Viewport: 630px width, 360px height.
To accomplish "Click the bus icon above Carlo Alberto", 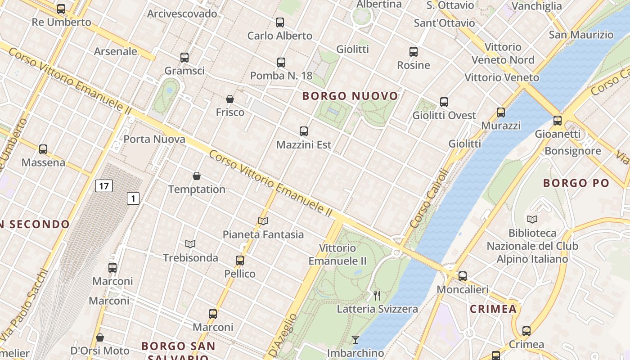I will click(280, 22).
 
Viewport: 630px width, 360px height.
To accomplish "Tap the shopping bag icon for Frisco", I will click(230, 99).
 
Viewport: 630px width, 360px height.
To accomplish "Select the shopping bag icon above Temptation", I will click(197, 176).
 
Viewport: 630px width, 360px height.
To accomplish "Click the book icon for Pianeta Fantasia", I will click(263, 221).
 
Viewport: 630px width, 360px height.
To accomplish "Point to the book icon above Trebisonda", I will click(190, 244).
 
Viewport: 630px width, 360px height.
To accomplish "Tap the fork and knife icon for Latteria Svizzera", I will click(377, 296).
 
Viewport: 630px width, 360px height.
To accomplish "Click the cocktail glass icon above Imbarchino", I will click(355, 340).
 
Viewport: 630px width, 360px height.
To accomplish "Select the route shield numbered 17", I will click(103, 186).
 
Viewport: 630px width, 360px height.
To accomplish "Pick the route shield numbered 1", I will click(133, 198).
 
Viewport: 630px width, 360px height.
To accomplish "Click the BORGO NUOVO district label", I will click(350, 96).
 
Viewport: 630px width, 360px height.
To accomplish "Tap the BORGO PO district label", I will click(576, 183).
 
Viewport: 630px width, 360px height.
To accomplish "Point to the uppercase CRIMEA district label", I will click(493, 309).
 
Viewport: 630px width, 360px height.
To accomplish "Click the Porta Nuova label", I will click(154, 139).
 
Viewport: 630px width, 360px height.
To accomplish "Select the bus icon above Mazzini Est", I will click(304, 131).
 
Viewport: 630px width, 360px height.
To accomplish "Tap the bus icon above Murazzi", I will click(500, 112).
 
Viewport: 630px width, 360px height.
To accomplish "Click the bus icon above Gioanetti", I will click(558, 121).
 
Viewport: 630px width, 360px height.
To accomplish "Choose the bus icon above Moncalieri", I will click(463, 276).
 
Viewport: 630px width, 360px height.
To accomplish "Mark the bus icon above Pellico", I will click(240, 261).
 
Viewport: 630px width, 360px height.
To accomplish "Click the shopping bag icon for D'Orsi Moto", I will click(100, 337).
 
